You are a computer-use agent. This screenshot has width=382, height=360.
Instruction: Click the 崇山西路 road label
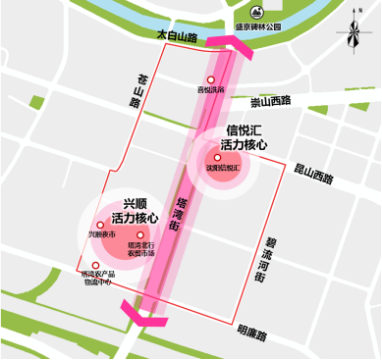(271, 101)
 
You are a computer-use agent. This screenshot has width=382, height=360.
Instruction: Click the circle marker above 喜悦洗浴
(210, 79)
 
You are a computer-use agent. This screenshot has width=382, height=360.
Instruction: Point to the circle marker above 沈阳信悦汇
(217, 157)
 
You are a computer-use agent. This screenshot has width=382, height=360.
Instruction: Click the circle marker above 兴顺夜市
(101, 227)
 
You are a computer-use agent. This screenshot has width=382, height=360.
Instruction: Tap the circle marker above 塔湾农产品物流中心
(95, 266)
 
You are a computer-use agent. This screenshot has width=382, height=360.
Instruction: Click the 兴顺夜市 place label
(101, 236)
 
